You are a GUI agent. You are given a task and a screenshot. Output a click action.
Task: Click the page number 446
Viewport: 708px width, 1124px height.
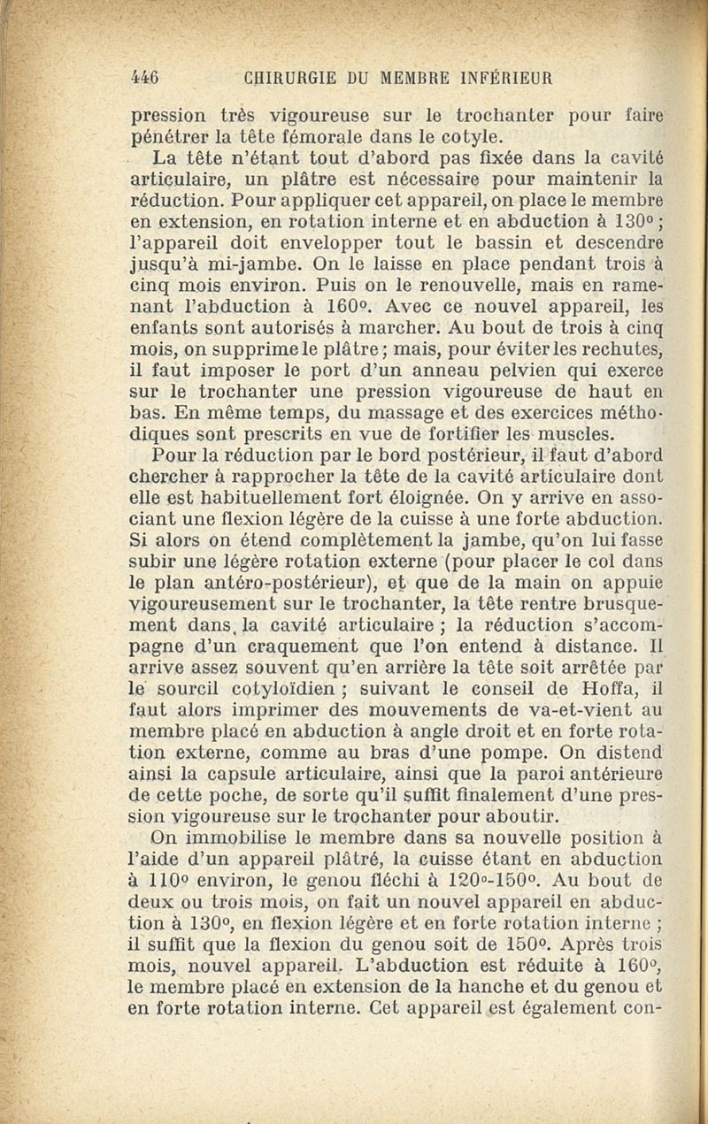(x=144, y=77)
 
